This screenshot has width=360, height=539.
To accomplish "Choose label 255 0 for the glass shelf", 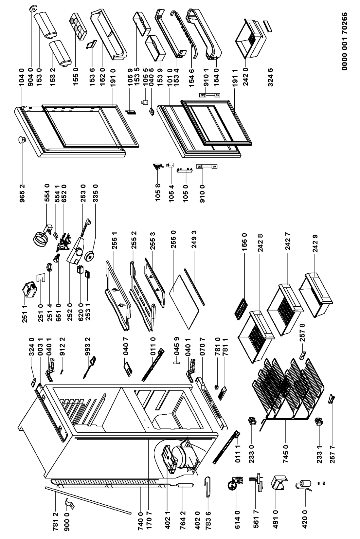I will click(173, 233).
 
